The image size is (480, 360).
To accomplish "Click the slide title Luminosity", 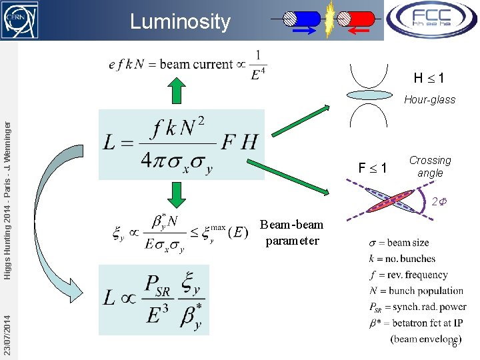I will (x=180, y=21).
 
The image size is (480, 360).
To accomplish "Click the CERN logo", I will (x=19, y=19).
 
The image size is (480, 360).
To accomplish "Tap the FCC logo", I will (x=431, y=20).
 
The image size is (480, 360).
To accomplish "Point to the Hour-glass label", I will (x=429, y=100).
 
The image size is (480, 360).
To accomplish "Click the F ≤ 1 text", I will (x=373, y=168).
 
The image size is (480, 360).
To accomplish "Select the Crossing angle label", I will (x=430, y=167).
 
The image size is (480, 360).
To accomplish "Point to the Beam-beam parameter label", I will (x=291, y=233).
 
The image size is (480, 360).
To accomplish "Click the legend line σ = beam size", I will (x=399, y=243).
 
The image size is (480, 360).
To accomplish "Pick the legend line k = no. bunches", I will (x=402, y=259).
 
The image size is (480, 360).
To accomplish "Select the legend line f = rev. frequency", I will (x=408, y=275).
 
